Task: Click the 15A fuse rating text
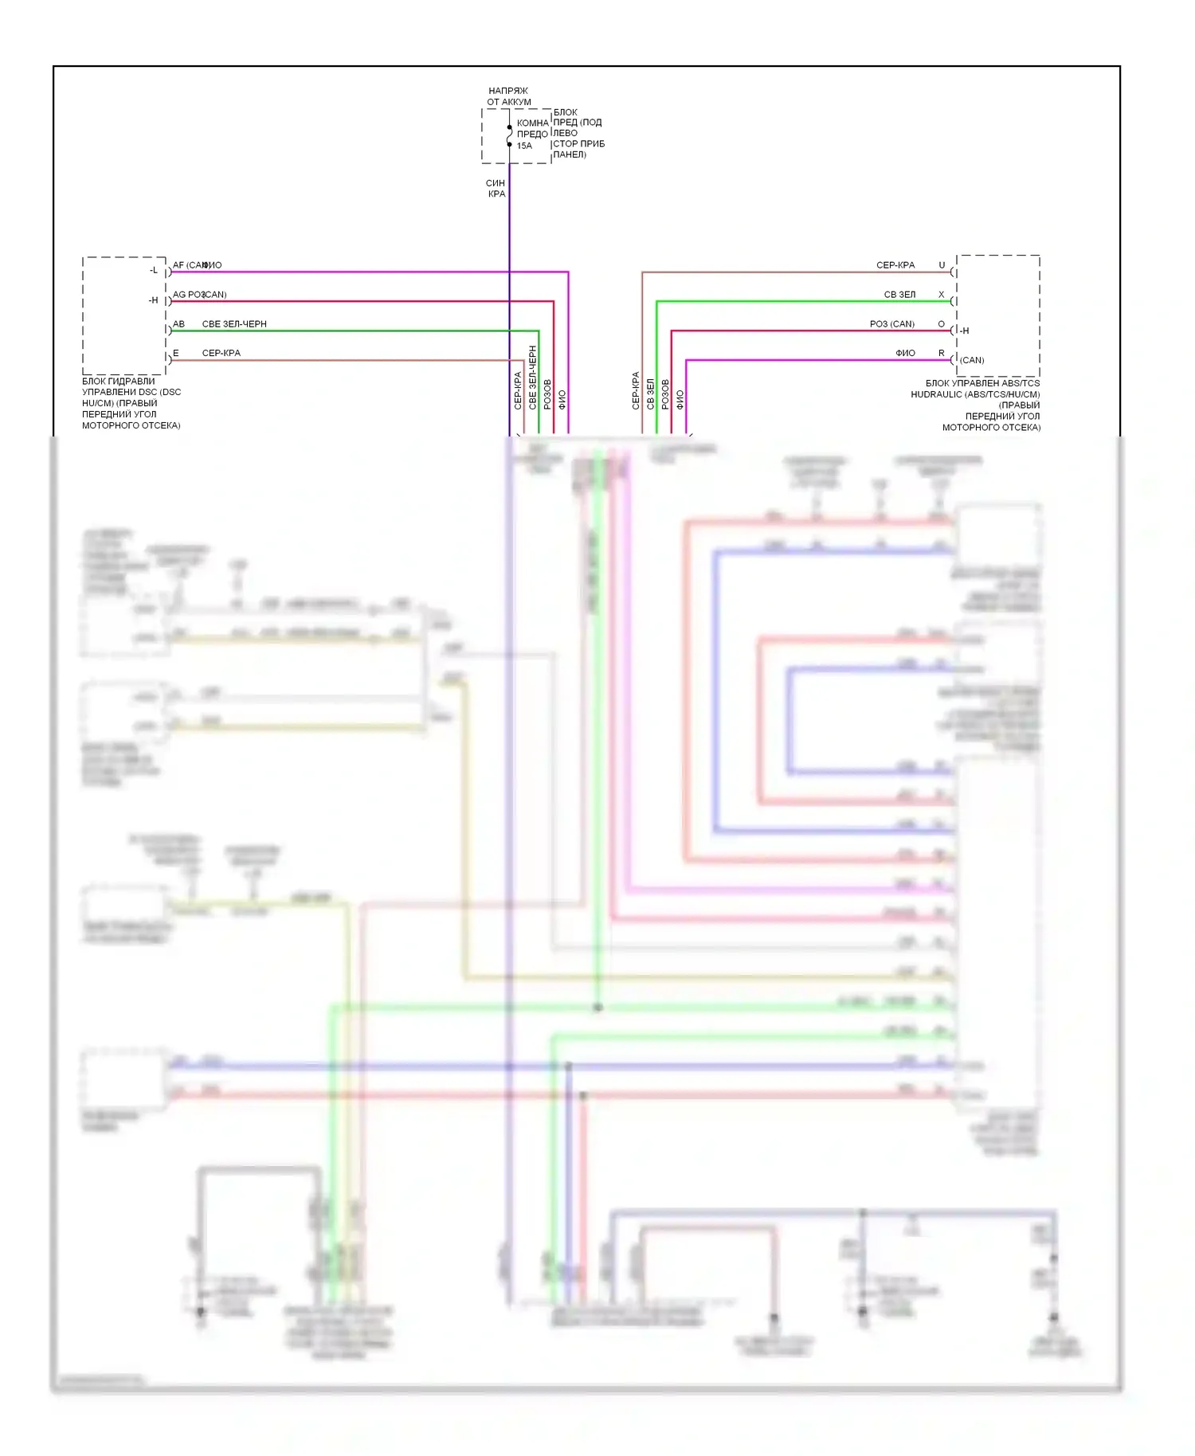[x=524, y=146]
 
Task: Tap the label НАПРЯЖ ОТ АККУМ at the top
[x=509, y=96]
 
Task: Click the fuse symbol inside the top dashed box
[x=510, y=136]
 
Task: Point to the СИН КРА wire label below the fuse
[x=496, y=188]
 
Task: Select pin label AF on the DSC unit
[x=178, y=265]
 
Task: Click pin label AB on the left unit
[x=178, y=324]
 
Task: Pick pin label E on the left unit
[x=176, y=353]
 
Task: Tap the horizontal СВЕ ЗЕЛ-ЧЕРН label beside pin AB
[x=234, y=324]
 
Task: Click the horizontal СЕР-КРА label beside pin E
[x=221, y=353]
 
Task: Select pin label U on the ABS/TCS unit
[x=942, y=265]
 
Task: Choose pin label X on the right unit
[x=942, y=295]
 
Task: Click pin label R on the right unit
[x=942, y=353]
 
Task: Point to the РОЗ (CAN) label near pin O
[x=892, y=324]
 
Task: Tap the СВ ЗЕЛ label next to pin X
[x=899, y=295]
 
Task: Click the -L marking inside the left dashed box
[x=154, y=271]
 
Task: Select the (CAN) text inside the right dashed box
[x=972, y=360]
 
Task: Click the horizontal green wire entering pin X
[x=797, y=301]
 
